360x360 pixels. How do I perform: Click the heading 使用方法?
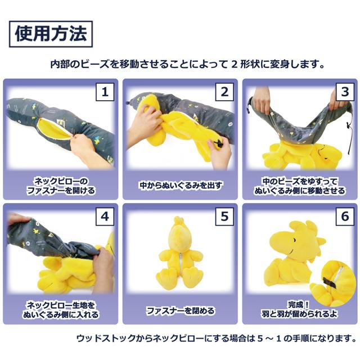[51, 34]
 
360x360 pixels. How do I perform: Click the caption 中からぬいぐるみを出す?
[181, 184]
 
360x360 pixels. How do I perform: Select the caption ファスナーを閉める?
[181, 310]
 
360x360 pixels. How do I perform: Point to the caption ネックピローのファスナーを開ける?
[61, 185]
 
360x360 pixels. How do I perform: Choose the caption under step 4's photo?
[61, 310]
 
